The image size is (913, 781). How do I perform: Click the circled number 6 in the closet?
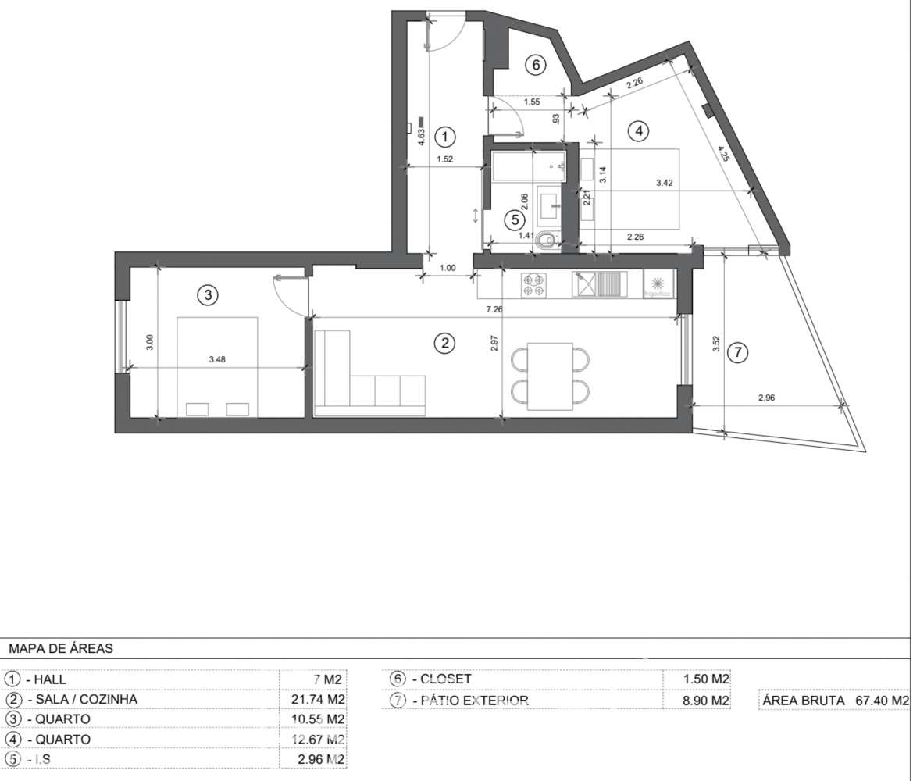click(535, 65)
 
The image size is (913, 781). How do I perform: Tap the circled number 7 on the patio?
click(736, 353)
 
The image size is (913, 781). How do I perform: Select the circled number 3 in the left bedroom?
click(206, 295)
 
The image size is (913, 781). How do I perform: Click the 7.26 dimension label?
click(494, 310)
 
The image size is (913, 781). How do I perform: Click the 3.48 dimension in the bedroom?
click(218, 360)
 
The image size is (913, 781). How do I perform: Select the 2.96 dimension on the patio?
click(766, 398)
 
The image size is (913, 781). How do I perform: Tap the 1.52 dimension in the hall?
click(444, 159)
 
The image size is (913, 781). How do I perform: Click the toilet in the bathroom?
click(550, 240)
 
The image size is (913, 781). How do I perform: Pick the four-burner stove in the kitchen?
click(535, 284)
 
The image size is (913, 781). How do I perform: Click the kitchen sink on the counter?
click(598, 284)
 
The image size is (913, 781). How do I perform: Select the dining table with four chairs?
click(550, 376)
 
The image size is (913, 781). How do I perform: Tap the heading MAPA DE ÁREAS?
click(61, 648)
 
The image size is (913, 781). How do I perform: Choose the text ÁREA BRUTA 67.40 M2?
click(835, 701)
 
